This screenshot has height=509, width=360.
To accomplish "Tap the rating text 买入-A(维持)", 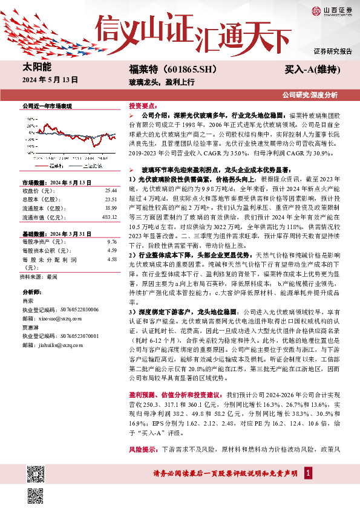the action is coord(311,70).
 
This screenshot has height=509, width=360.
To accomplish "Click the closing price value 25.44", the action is coord(111,189).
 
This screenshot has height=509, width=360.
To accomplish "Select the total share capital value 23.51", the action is coord(111,199).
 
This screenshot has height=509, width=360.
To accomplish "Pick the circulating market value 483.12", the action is coord(109,217).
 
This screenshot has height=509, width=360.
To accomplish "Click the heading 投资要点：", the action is coord(143,105).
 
